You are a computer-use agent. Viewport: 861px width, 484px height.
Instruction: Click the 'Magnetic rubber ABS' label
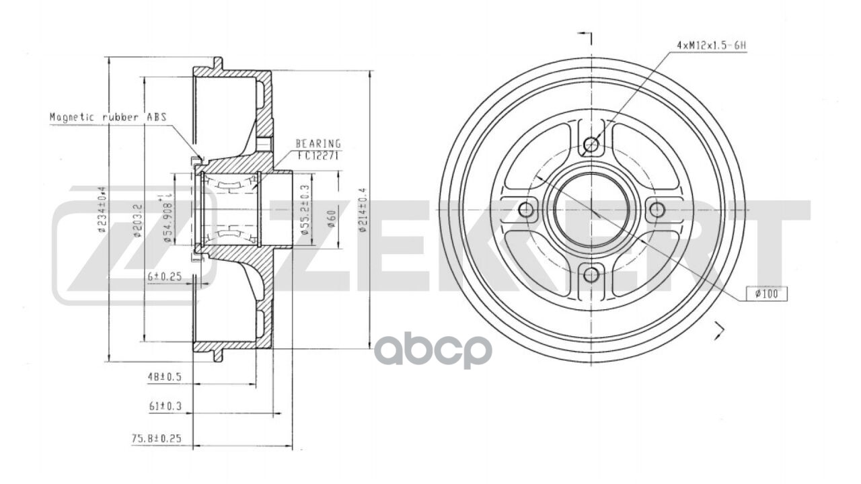(x=108, y=116)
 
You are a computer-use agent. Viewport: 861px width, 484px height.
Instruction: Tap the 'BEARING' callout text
(x=318, y=143)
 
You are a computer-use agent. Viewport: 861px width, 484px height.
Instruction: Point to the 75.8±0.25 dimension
(x=156, y=438)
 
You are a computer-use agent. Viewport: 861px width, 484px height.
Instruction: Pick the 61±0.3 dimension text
(x=165, y=406)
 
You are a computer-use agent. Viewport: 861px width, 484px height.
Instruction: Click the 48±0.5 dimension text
(x=165, y=377)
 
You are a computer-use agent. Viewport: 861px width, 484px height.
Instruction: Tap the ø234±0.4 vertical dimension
(x=102, y=210)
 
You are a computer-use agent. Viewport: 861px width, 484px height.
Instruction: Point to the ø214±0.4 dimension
(x=362, y=210)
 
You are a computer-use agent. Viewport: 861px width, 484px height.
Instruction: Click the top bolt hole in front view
(x=591, y=145)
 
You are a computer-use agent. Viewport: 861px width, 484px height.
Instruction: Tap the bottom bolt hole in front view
(x=591, y=274)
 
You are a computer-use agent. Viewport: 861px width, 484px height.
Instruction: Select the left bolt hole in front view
(x=527, y=210)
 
